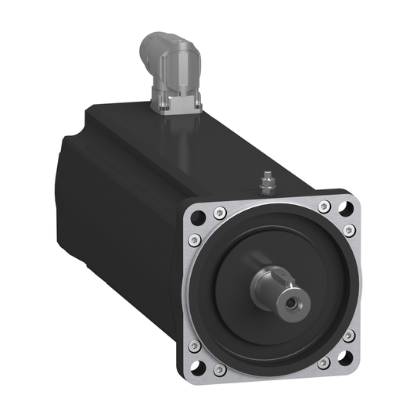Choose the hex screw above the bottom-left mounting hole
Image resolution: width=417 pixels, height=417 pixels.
point(195,345)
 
